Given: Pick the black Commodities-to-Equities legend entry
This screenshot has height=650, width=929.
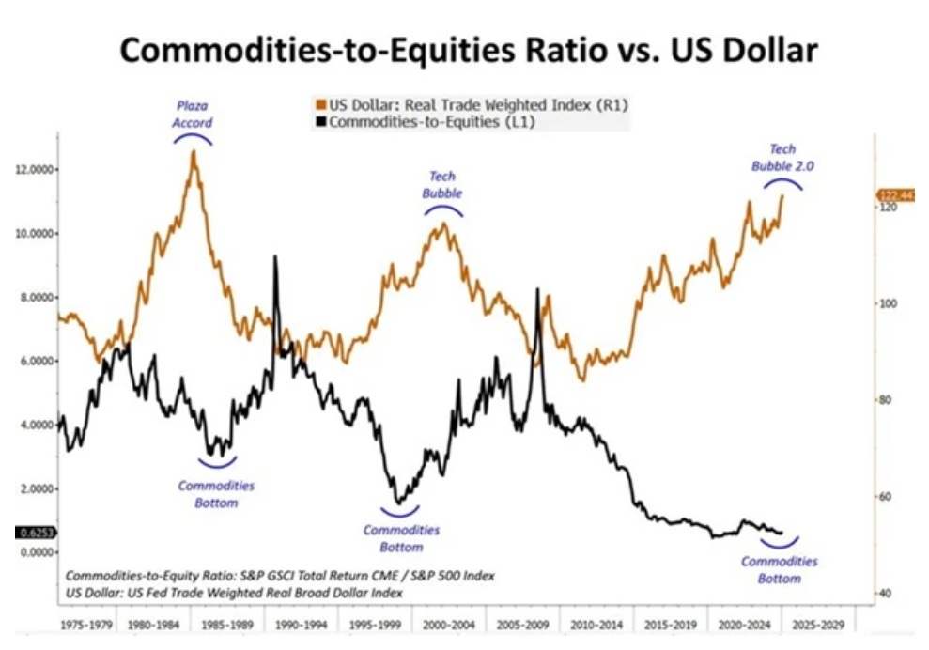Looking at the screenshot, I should coord(428,120).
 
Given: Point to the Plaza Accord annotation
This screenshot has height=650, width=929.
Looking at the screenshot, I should coord(193,115).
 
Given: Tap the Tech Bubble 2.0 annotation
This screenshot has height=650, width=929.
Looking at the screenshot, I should coord(782,157).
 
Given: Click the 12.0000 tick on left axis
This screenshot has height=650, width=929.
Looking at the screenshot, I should coord(36,169).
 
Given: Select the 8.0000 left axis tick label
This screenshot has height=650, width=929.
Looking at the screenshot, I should coord(36,297).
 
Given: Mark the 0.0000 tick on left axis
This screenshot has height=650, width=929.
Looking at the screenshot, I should coord(36,552).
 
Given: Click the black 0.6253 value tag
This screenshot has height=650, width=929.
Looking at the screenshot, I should coord(36,533).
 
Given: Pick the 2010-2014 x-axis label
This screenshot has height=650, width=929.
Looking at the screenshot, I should coord(594,624).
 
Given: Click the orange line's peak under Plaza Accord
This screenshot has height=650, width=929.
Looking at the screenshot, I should coord(194,151).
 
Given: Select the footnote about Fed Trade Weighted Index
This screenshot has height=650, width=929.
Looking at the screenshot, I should coord(234,593).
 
